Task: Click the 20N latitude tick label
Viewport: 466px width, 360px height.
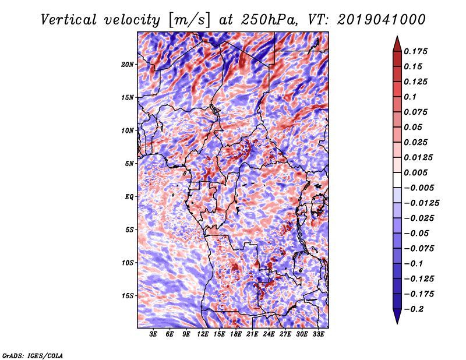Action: tap(128, 65)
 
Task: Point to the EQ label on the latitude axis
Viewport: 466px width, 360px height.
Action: tap(129, 197)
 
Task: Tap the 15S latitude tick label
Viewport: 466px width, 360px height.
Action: tap(128, 296)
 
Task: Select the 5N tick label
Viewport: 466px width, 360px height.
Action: tap(129, 164)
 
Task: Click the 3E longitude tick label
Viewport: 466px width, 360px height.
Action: tap(153, 334)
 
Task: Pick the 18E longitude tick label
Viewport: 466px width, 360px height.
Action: tap(236, 334)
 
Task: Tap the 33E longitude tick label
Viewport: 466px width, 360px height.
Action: tap(318, 334)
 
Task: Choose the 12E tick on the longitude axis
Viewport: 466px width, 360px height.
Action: tap(203, 334)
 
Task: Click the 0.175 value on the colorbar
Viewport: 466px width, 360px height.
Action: tap(415, 51)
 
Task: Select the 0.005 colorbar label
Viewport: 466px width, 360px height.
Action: tap(415, 172)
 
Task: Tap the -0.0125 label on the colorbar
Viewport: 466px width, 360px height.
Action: tap(421, 203)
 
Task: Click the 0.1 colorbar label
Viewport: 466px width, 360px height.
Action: tap(410, 97)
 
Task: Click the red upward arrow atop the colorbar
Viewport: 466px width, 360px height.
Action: tap(397, 44)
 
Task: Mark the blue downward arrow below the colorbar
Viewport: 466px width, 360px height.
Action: tap(397, 316)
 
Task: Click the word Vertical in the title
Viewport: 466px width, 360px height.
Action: tap(69, 20)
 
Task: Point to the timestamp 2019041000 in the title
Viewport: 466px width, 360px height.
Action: tap(382, 20)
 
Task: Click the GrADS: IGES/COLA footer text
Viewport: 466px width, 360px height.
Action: tap(33, 355)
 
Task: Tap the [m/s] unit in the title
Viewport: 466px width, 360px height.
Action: tap(189, 20)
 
